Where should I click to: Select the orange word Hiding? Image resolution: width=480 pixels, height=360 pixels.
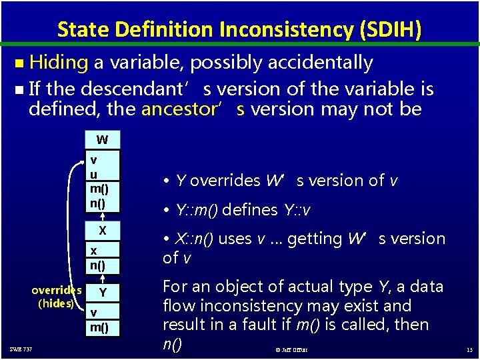click(x=59, y=63)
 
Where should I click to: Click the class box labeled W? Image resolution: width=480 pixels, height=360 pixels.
click(x=102, y=140)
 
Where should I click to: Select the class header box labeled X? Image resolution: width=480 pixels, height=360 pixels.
click(x=102, y=230)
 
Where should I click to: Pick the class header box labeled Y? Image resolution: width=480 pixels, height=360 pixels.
click(x=102, y=292)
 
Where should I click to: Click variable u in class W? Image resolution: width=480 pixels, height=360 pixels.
click(x=95, y=173)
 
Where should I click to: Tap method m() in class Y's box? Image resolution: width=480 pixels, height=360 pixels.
click(x=100, y=327)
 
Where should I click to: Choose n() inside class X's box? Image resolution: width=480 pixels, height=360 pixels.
click(x=99, y=265)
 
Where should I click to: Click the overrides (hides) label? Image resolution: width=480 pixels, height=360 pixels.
click(x=56, y=297)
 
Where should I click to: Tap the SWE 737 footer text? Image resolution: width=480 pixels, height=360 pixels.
click(x=21, y=349)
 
